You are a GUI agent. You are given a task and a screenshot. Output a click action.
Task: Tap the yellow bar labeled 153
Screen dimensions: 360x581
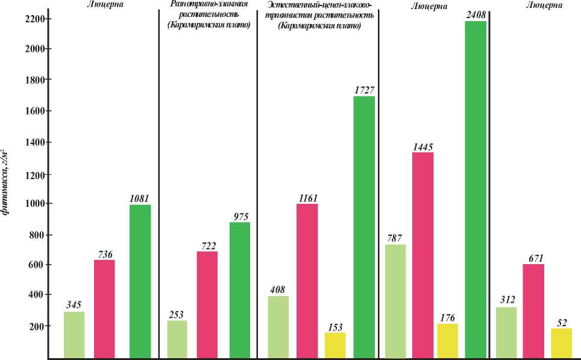(x=335, y=346)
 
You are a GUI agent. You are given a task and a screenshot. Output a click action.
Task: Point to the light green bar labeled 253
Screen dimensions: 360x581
(x=177, y=339)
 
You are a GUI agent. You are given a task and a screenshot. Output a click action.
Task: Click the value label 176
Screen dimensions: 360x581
(x=448, y=318)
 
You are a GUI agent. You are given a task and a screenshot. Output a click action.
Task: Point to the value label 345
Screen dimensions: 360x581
(x=74, y=305)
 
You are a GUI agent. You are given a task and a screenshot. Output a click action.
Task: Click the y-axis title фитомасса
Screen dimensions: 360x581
(x=5, y=181)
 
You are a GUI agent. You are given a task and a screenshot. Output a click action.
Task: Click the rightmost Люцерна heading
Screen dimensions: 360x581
(x=544, y=5)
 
